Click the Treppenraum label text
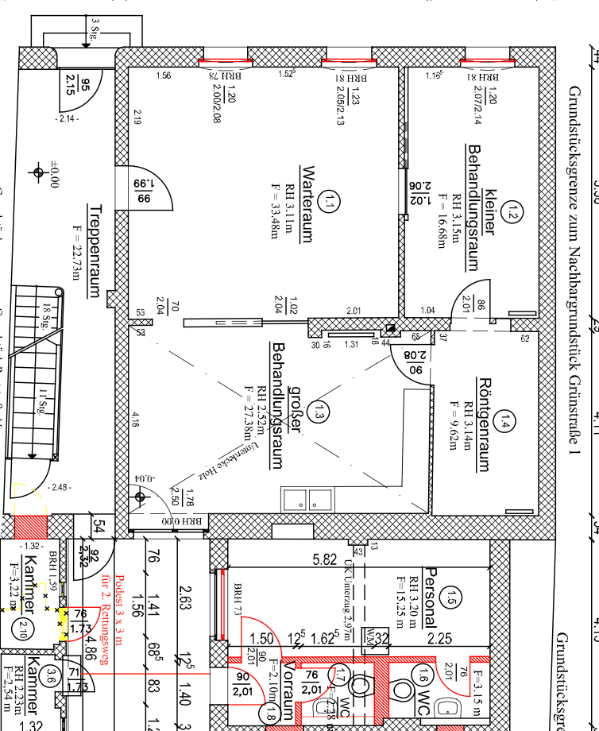[x=94, y=251]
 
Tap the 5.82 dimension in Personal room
[x=325, y=559]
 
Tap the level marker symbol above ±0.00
[x=37, y=172]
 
